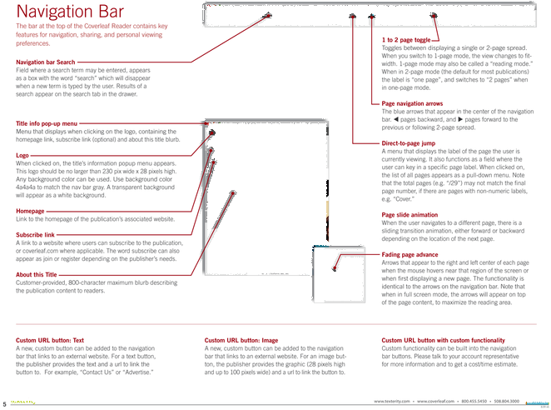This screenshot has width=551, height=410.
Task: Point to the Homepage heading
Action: (29, 208)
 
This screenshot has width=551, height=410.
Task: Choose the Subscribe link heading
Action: (34, 233)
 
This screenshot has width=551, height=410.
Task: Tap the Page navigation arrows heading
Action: (411, 102)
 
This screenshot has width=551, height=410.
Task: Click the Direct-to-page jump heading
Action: (408, 142)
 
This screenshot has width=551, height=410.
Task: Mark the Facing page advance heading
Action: (409, 251)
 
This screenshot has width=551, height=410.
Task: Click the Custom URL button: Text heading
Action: (50, 341)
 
